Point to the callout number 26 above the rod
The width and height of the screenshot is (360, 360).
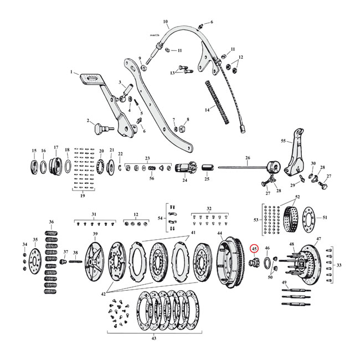click(x=248, y=158)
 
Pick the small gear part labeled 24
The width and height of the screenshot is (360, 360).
click(x=184, y=168)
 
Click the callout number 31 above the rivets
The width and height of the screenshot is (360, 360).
click(x=93, y=214)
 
